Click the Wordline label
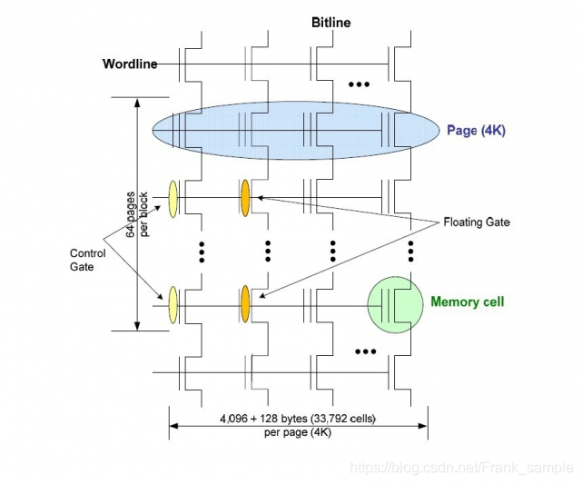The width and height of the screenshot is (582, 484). coord(129,64)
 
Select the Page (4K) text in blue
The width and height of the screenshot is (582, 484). coord(476,131)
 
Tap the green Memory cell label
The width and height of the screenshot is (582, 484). coord(467,302)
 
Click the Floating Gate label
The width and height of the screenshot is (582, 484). coord(476,222)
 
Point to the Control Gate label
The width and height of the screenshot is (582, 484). coord(88,260)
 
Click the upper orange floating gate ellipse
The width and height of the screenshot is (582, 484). coord(245,197)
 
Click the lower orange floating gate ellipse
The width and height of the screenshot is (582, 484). coord(245,303)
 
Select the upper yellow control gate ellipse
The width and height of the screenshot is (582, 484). coord(173,197)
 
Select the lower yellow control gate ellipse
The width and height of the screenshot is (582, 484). coord(173,304)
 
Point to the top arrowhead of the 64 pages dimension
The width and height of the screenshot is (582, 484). coord(136,103)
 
